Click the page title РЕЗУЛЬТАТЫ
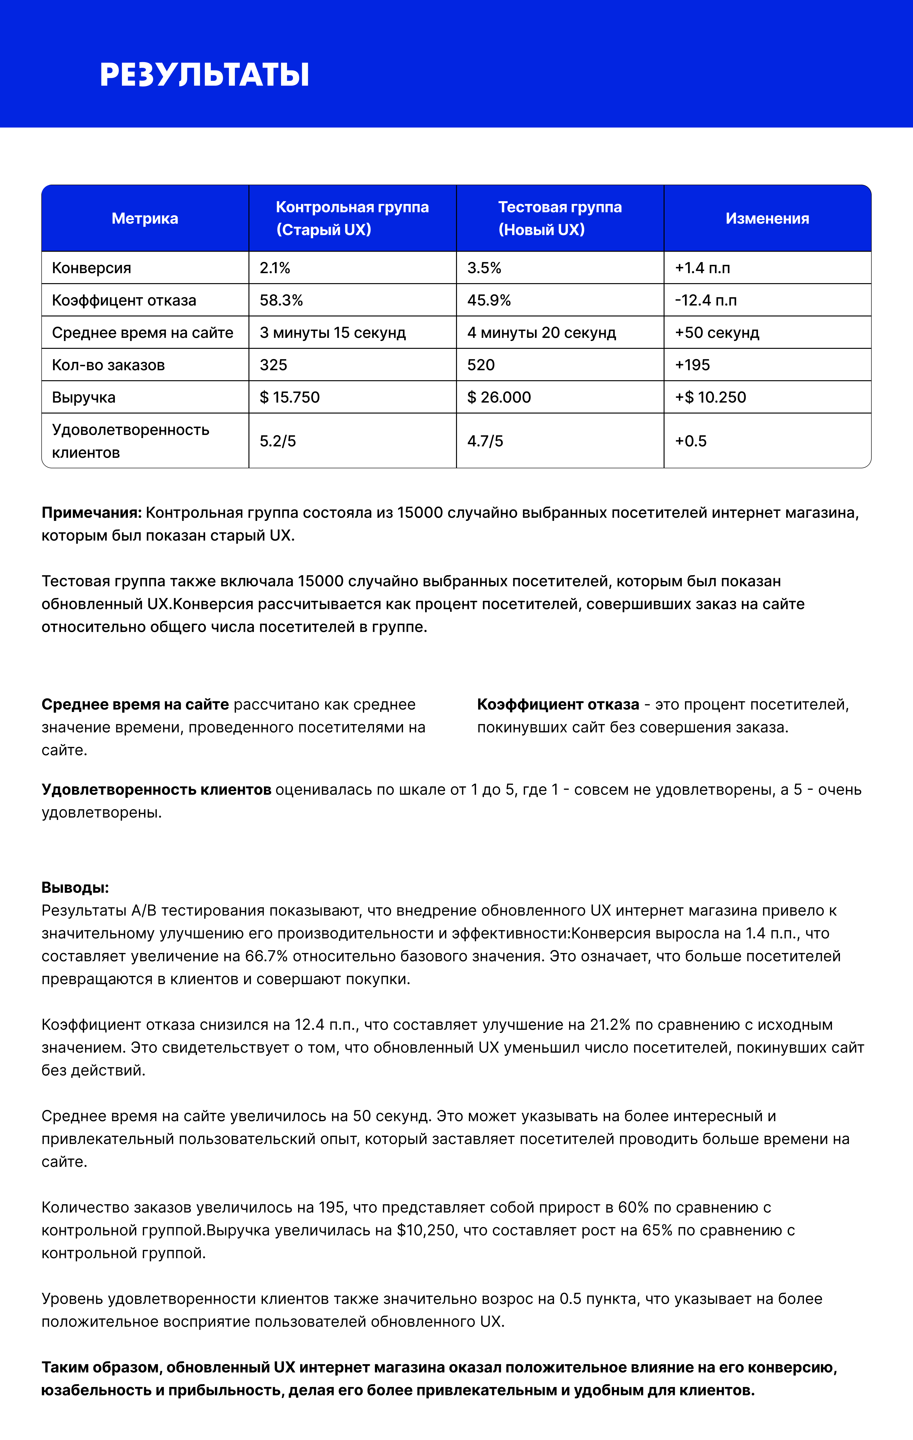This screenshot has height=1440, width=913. [x=204, y=75]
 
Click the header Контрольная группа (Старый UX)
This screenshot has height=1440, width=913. [x=352, y=218]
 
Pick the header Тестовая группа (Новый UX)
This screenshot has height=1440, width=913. [x=560, y=218]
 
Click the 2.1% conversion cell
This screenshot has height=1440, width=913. [x=275, y=268]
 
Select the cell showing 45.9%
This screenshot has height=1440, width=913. [x=489, y=300]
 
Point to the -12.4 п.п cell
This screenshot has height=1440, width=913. [x=706, y=300]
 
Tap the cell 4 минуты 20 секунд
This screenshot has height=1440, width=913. [x=541, y=332]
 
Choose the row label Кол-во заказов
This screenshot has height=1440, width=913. [x=108, y=365]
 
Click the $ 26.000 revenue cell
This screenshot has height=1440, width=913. [x=499, y=397]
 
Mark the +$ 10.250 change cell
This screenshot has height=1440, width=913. [x=710, y=397]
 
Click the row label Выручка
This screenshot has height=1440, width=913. [x=84, y=397]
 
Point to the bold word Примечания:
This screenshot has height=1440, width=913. [x=92, y=513]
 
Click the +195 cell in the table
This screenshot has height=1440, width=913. [x=693, y=365]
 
